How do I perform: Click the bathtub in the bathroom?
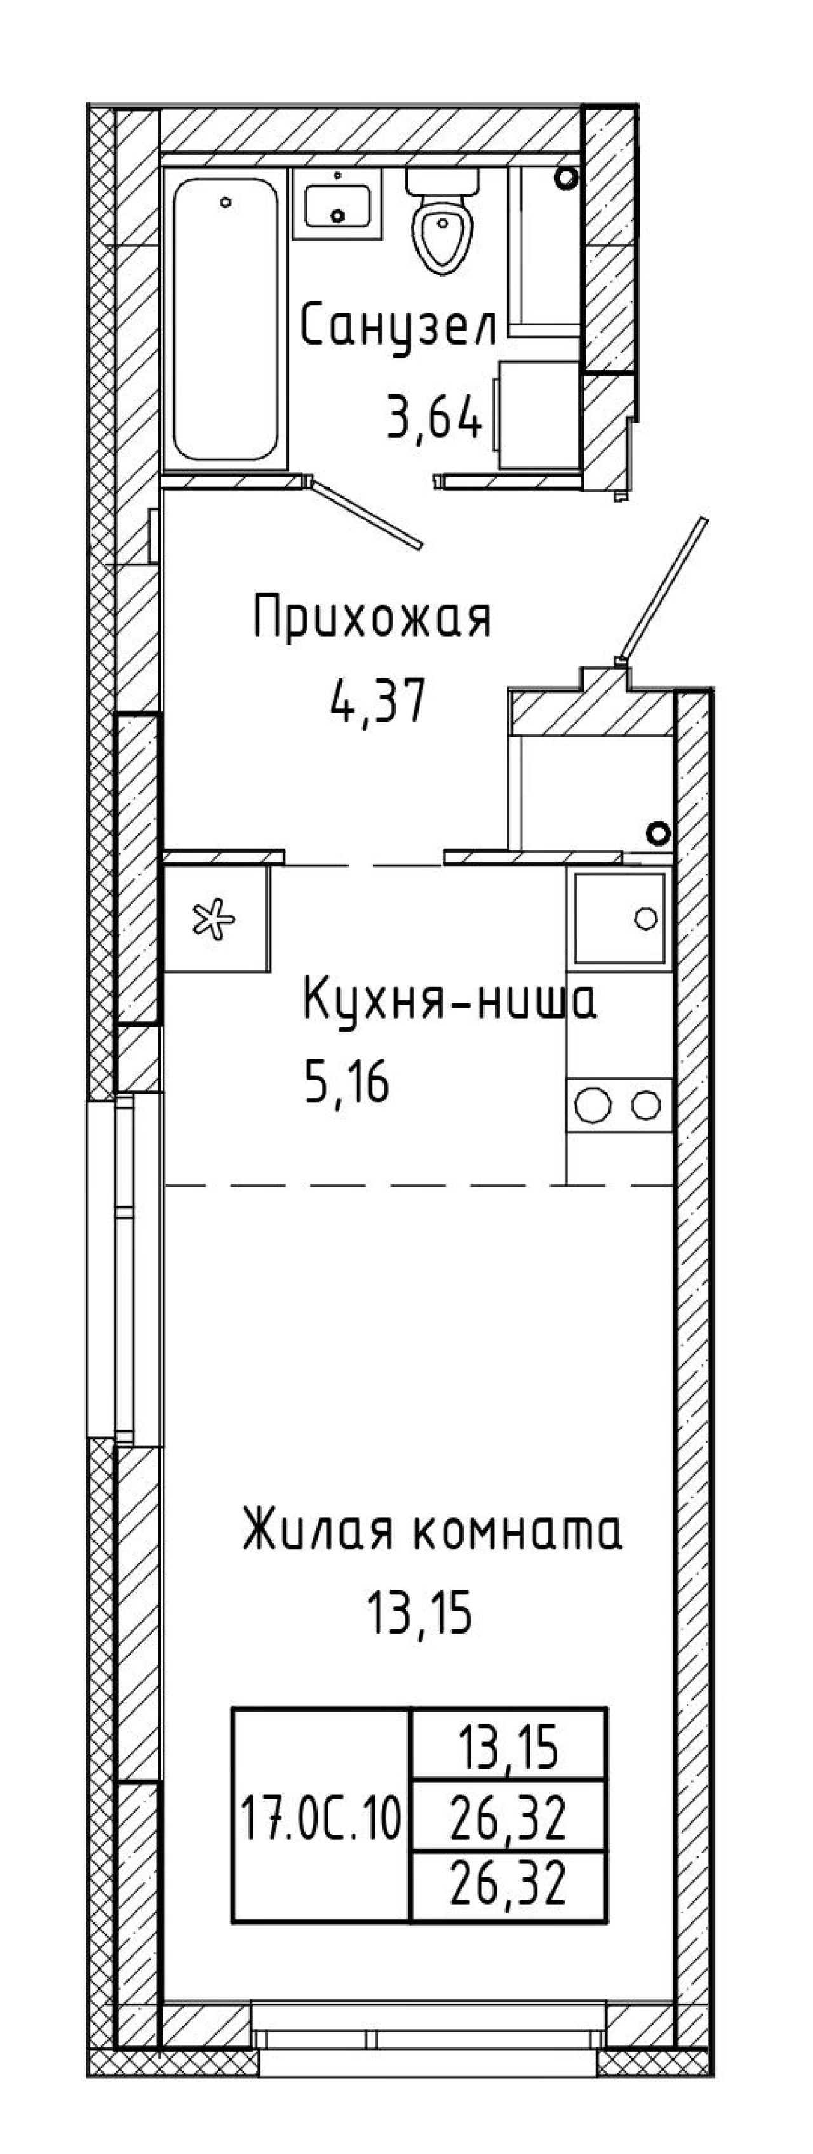(226, 319)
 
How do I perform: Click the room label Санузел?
(399, 326)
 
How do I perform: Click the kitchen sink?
(620, 917)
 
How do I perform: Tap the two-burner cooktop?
(620, 1106)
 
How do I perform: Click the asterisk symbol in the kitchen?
(215, 920)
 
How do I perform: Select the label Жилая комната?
(433, 1530)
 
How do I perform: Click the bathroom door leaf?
(367, 513)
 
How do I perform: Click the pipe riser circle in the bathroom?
(567, 177)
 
